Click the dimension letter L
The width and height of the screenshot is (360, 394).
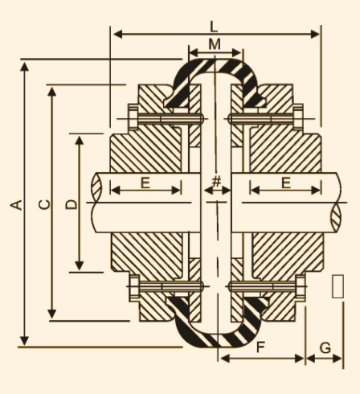click(x=214, y=27)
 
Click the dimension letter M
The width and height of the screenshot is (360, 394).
click(x=215, y=44)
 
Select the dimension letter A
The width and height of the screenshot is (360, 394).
click(x=16, y=205)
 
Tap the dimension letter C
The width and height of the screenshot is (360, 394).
click(x=44, y=204)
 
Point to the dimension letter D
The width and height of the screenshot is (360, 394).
click(x=72, y=204)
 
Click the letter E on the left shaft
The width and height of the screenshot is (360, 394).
click(x=145, y=183)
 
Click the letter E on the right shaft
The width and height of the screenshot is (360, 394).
click(x=286, y=183)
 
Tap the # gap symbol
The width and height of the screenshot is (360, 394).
click(x=216, y=181)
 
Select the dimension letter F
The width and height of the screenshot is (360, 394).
click(x=260, y=347)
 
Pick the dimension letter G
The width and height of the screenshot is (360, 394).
click(x=325, y=348)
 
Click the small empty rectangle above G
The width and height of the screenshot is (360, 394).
click(x=337, y=286)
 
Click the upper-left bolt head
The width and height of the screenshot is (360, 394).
click(x=133, y=117)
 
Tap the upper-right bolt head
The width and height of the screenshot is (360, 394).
click(x=298, y=117)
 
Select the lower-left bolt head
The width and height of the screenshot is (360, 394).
click(x=134, y=288)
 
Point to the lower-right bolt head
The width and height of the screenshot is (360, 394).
click(x=301, y=288)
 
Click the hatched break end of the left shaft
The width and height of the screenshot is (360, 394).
click(x=96, y=187)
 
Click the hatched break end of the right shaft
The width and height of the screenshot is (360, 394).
click(x=336, y=217)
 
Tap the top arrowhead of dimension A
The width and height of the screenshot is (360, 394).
click(x=24, y=67)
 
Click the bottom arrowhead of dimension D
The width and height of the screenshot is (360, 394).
click(x=80, y=265)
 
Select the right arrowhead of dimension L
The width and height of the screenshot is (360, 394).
click(x=315, y=35)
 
